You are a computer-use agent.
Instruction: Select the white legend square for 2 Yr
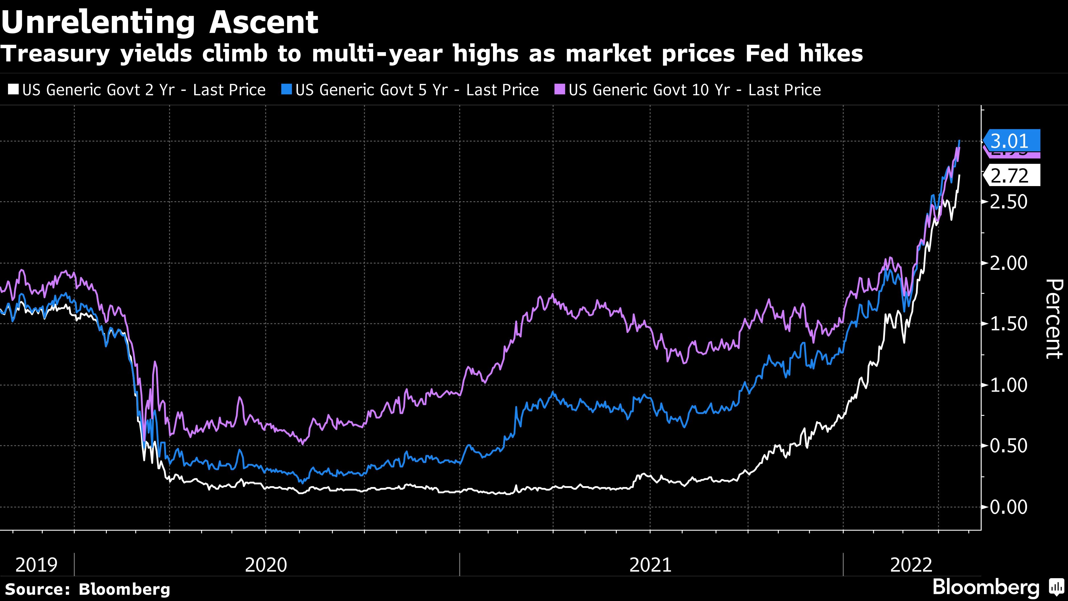(x=14, y=89)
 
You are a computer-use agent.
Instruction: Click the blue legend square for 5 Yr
(x=287, y=89)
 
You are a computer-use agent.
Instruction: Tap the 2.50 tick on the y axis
(x=1008, y=202)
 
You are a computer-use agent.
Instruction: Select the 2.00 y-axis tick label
(x=1008, y=263)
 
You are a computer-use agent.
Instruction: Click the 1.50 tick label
(x=1008, y=324)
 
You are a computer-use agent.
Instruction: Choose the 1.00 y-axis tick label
(x=1008, y=385)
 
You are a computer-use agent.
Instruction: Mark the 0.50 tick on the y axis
(x=1008, y=446)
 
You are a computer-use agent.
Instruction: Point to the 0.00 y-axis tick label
(x=1008, y=507)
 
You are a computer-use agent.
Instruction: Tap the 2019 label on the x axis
(x=36, y=565)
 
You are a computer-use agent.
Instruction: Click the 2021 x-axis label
(x=650, y=565)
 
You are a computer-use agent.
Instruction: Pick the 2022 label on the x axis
(x=911, y=565)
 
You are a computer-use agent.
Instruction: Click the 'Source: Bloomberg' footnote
(x=87, y=589)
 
